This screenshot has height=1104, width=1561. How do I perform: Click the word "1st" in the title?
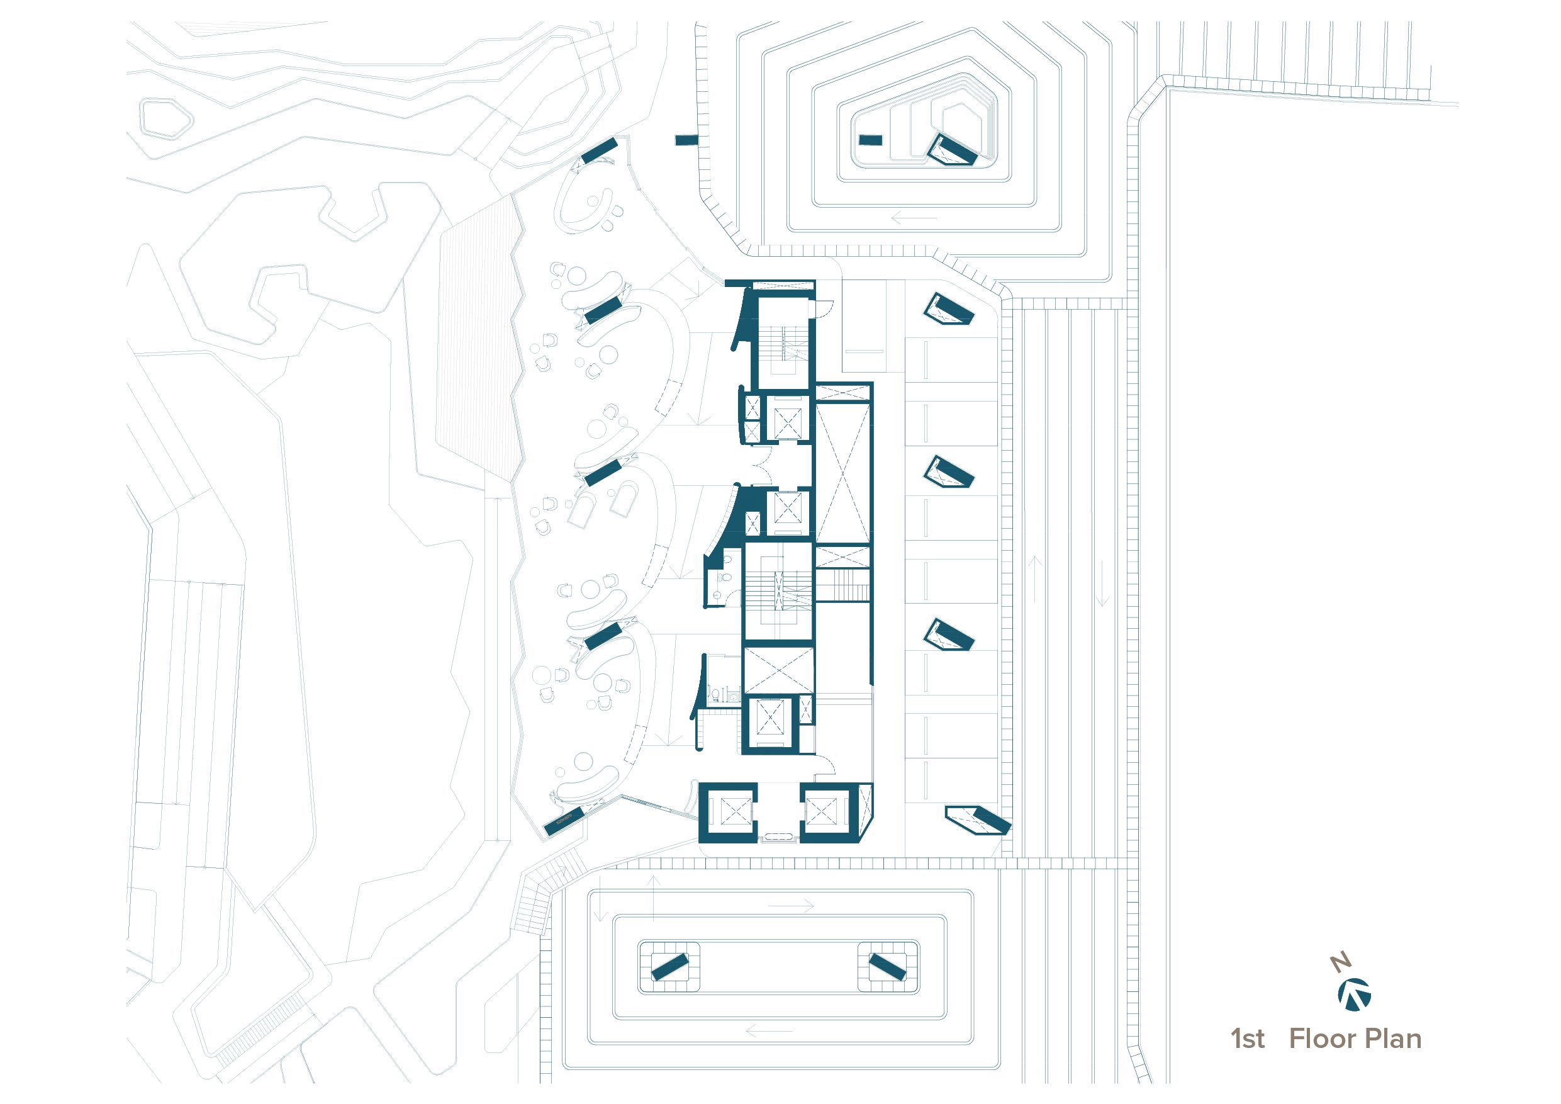(x=1248, y=1039)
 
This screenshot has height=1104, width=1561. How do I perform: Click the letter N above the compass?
(x=1341, y=962)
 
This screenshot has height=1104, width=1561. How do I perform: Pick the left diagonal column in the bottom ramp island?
(x=669, y=967)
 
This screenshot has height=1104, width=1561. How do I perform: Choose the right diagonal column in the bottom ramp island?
(x=887, y=967)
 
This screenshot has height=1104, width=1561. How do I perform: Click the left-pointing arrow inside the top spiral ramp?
(x=914, y=219)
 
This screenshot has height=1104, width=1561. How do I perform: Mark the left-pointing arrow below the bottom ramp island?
(x=769, y=1030)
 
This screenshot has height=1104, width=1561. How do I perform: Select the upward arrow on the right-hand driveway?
(x=1035, y=579)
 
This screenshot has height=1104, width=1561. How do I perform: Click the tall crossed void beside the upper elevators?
(x=842, y=473)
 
